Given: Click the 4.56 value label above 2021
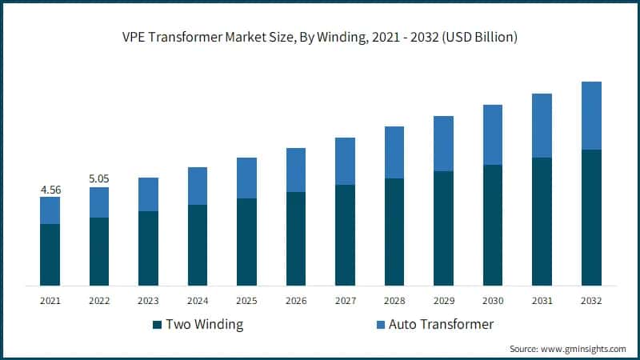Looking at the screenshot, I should [x=50, y=190].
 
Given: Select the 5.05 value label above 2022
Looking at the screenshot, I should [x=98, y=180].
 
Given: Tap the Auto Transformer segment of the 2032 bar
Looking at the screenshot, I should [x=591, y=115].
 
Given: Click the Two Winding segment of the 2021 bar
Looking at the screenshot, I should [x=50, y=254].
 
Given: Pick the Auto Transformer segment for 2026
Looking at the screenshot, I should [x=296, y=170].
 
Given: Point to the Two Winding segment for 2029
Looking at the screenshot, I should [x=443, y=228].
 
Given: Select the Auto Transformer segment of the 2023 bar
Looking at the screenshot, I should [x=148, y=194].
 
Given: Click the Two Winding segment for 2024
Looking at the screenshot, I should [x=198, y=245].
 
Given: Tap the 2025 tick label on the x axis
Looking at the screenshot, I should [x=246, y=301].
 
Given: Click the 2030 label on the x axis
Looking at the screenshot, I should [x=493, y=301].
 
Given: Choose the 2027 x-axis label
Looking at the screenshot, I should [x=345, y=301].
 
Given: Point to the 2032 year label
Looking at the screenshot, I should [x=591, y=301].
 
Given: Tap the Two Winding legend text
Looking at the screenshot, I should [x=203, y=325].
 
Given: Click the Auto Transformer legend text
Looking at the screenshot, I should [x=441, y=325].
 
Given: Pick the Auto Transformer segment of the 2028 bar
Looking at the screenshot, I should [x=394, y=152].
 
